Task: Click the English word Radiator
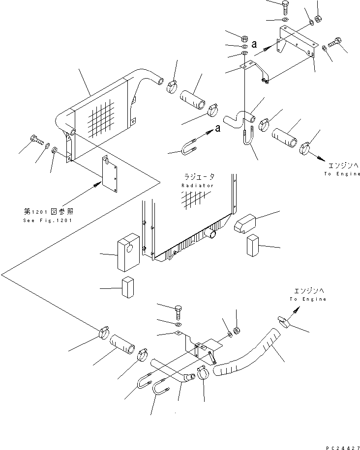(197, 186)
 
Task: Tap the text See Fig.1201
(48, 220)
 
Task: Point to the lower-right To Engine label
(308, 299)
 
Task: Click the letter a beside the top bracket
(254, 44)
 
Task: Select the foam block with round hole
(128, 253)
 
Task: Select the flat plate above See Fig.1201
(111, 174)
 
